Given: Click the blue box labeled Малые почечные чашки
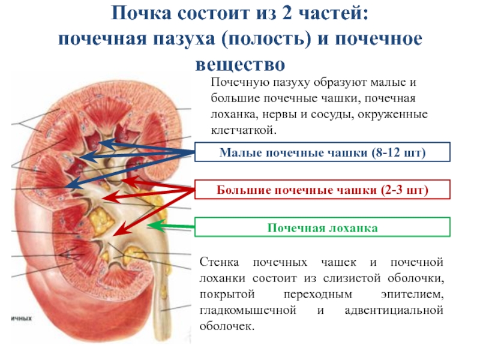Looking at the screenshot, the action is tap(322, 153).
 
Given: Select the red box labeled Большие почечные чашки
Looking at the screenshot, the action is tap(322, 191).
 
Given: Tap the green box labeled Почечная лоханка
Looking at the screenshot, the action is tap(322, 228).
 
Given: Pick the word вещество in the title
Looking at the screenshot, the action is tap(240, 63).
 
